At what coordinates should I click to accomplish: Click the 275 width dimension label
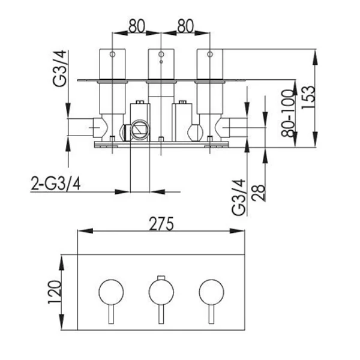[161, 224]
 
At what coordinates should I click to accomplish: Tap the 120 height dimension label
[55, 292]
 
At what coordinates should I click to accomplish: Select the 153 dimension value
[307, 97]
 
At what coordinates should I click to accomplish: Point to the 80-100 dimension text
[287, 113]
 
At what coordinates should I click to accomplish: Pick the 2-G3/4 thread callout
[56, 184]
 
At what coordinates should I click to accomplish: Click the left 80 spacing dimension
[137, 26]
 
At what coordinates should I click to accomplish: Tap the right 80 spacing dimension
[185, 26]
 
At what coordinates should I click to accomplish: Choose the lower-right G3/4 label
[239, 197]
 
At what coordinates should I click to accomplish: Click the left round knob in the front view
[111, 292]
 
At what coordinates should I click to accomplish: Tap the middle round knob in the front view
[161, 292]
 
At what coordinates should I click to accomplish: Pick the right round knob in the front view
[211, 292]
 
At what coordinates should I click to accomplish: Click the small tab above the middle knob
[161, 277]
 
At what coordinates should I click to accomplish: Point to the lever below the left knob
[111, 314]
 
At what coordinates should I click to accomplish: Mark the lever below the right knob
[211, 314]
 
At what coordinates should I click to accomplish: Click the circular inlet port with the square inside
[140, 130]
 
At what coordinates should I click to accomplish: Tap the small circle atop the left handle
[112, 55]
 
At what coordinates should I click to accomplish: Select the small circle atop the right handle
[209, 55]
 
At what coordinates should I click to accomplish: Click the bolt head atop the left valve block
[140, 102]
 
